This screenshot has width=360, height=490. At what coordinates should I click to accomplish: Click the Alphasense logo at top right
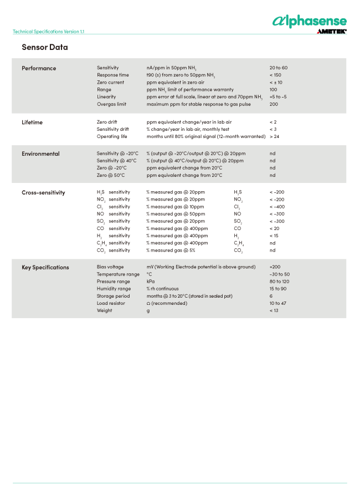[x=309, y=21]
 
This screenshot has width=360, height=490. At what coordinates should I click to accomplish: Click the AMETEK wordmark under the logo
[x=331, y=32]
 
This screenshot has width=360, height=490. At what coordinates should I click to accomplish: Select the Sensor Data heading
[x=45, y=47]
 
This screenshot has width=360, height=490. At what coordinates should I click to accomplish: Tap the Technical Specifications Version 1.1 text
[x=49, y=32]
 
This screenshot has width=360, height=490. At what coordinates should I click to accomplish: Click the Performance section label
[x=39, y=68]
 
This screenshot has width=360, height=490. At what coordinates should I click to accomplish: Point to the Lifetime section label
[x=32, y=122]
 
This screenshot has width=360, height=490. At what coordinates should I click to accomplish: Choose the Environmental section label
[x=40, y=154]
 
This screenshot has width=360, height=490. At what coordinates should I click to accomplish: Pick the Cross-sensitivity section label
[x=43, y=192]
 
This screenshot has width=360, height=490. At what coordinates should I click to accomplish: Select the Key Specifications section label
[x=45, y=267]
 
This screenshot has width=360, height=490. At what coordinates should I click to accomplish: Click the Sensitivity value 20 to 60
[x=279, y=68]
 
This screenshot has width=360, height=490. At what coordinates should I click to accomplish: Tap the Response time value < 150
[x=275, y=75]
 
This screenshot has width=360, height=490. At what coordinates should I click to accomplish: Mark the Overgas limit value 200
[x=274, y=104]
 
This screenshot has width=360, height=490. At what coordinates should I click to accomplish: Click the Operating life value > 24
[x=274, y=136]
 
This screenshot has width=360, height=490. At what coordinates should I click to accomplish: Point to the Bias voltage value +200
[x=275, y=267]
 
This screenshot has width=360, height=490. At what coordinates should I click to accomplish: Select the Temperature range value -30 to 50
[x=280, y=274]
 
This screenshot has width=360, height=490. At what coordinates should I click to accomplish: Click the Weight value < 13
[x=274, y=310]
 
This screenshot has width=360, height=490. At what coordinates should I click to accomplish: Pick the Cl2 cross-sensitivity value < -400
[x=277, y=206]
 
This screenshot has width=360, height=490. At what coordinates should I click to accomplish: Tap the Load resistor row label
[x=111, y=303]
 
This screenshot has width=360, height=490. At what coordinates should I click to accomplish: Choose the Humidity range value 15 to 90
[x=278, y=288]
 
